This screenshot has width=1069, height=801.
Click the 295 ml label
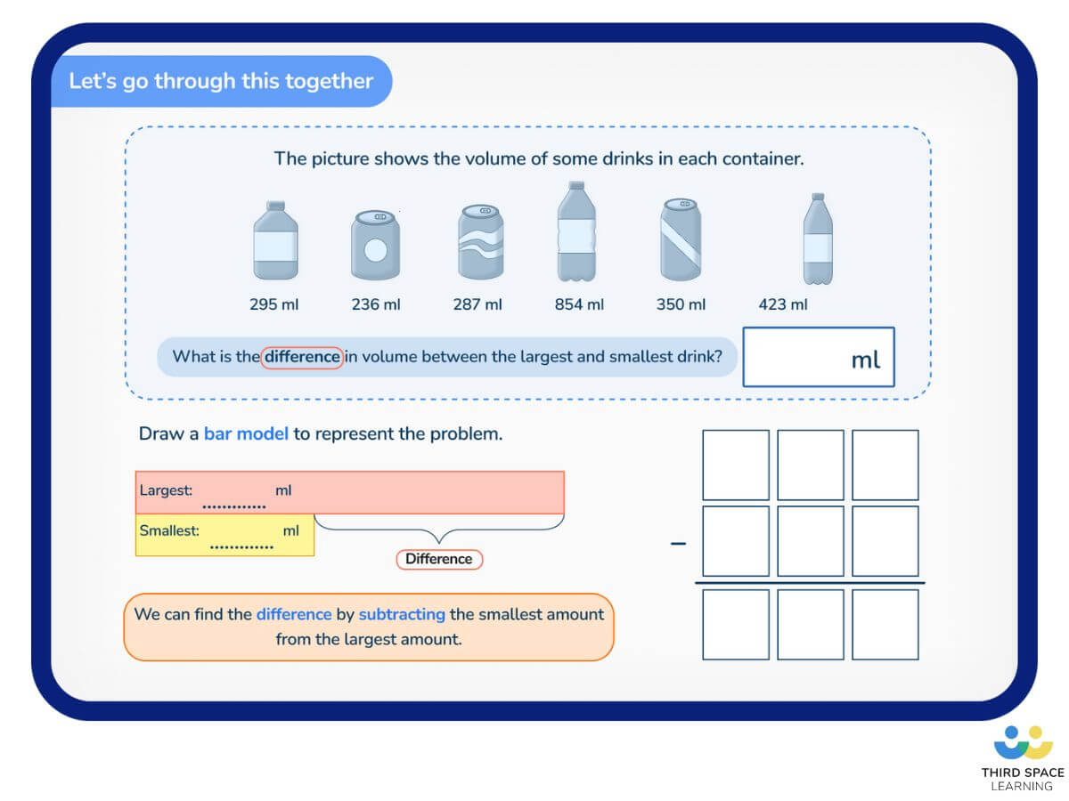point(274,304)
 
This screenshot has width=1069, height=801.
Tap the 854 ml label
point(579,304)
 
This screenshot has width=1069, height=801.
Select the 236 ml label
point(376,304)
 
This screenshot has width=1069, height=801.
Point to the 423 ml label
point(783,304)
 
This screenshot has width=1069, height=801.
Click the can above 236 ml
point(375,246)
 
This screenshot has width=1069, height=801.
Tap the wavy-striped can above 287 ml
point(481,242)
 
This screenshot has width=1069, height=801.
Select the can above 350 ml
point(681,239)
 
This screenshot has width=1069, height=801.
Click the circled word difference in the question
point(303,357)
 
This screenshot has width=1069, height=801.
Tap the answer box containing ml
point(818,357)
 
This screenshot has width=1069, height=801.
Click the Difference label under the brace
point(438,559)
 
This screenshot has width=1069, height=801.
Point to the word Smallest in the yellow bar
point(167,530)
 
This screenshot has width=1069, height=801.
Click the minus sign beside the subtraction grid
point(679,543)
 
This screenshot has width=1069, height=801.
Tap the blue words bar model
point(246,434)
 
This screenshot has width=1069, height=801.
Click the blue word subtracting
point(402,614)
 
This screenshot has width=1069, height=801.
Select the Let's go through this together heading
point(221,81)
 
